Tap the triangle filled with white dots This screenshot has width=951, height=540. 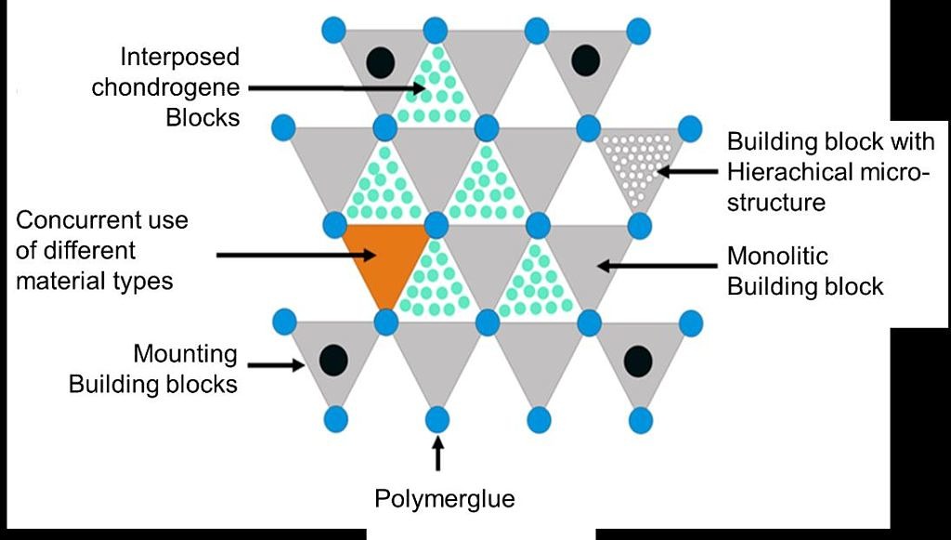[x=639, y=161]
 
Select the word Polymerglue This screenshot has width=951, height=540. [x=444, y=498]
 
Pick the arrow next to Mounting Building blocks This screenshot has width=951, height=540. [x=278, y=365]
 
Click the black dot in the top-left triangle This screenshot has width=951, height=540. [x=380, y=61]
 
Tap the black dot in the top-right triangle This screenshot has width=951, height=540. [x=585, y=60]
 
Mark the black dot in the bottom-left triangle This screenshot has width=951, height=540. [x=333, y=359]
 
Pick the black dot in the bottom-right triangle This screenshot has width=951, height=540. [x=637, y=361]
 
